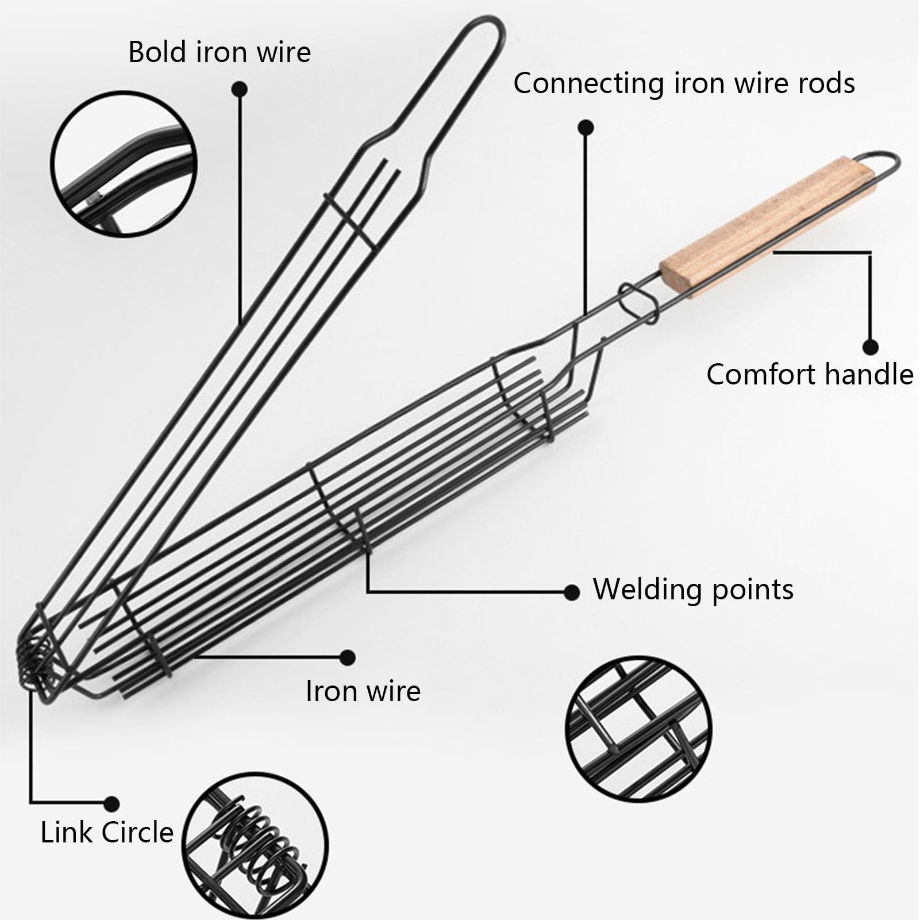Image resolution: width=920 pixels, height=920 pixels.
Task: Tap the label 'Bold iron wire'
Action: tap(220, 52)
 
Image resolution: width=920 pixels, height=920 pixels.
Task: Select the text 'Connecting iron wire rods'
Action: tap(684, 83)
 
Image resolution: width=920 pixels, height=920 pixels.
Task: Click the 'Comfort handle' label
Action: tap(809, 375)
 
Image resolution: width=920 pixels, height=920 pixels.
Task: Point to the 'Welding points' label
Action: tap(693, 590)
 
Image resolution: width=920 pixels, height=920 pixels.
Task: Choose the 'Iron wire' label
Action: tap(363, 691)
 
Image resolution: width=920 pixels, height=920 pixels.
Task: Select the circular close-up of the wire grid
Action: tap(639, 729)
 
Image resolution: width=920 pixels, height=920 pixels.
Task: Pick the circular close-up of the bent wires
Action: tap(124, 163)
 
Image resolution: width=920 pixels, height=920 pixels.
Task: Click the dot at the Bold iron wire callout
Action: tap(240, 89)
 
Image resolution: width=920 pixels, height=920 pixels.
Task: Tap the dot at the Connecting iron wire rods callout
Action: tap(585, 127)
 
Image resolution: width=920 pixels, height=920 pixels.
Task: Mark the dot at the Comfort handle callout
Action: tap(871, 347)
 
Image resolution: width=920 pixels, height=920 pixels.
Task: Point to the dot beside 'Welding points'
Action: tap(571, 592)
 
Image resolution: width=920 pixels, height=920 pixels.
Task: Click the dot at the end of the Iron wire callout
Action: tap(348, 657)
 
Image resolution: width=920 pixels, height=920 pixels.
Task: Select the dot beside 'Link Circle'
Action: tap(112, 803)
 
